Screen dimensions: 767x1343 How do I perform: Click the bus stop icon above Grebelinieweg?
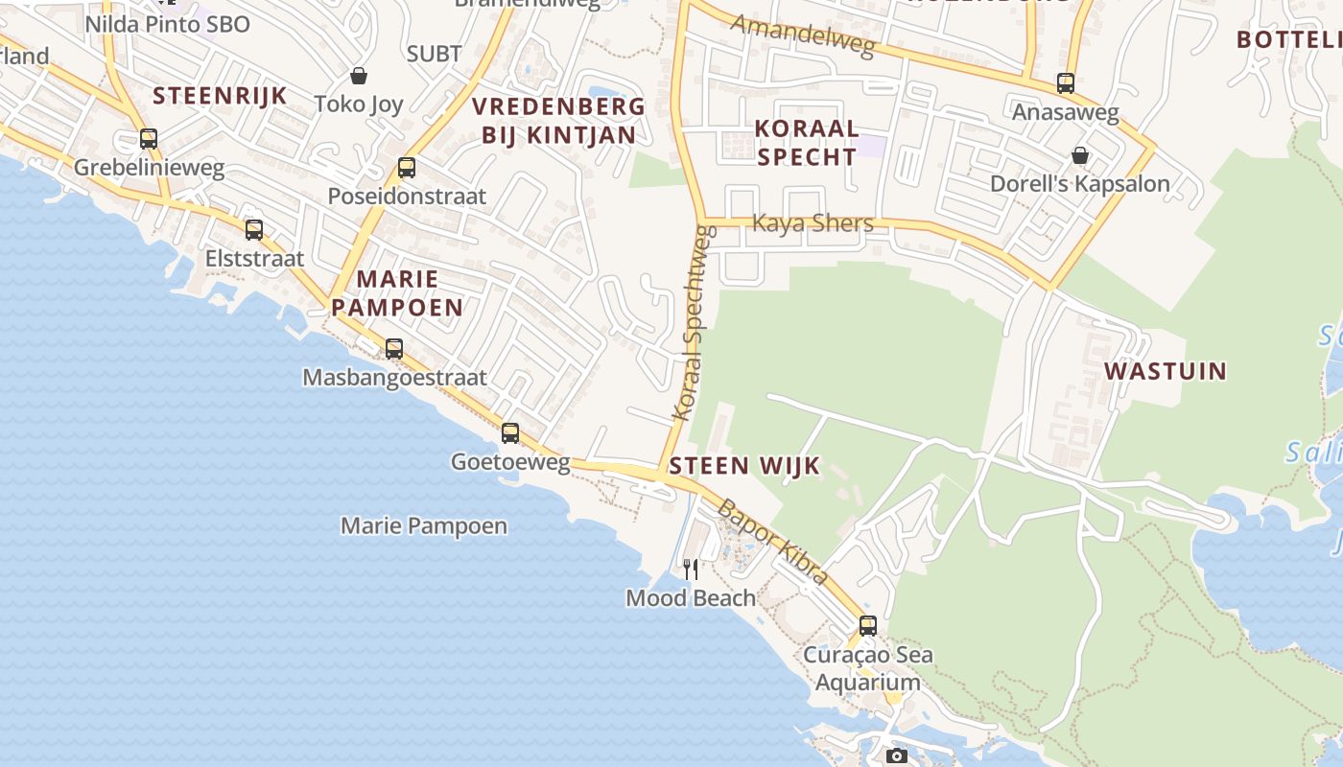148,139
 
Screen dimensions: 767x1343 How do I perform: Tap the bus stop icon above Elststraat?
254,230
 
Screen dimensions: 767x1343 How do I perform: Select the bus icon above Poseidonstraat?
407,168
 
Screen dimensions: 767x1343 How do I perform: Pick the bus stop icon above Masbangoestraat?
394,349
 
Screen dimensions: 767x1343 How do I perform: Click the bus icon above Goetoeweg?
510,433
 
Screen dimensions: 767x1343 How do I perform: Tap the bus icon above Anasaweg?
1066,83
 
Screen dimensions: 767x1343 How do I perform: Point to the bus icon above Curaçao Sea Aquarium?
868,626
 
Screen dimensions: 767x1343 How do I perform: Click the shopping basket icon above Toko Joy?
359,76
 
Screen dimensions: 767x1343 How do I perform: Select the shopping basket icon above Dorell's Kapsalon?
1080,155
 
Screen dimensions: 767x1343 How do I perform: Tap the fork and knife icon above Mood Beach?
691,569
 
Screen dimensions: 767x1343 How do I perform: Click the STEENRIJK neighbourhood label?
220,95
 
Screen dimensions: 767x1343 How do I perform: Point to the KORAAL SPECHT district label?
806,142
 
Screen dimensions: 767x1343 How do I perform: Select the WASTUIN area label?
1166,371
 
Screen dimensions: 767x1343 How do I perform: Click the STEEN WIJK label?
744,466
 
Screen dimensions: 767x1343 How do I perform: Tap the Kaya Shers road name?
813,223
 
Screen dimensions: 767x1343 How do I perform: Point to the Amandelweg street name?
803,35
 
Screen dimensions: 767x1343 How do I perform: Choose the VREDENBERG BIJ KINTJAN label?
559,120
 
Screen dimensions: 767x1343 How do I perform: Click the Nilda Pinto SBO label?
168,24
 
